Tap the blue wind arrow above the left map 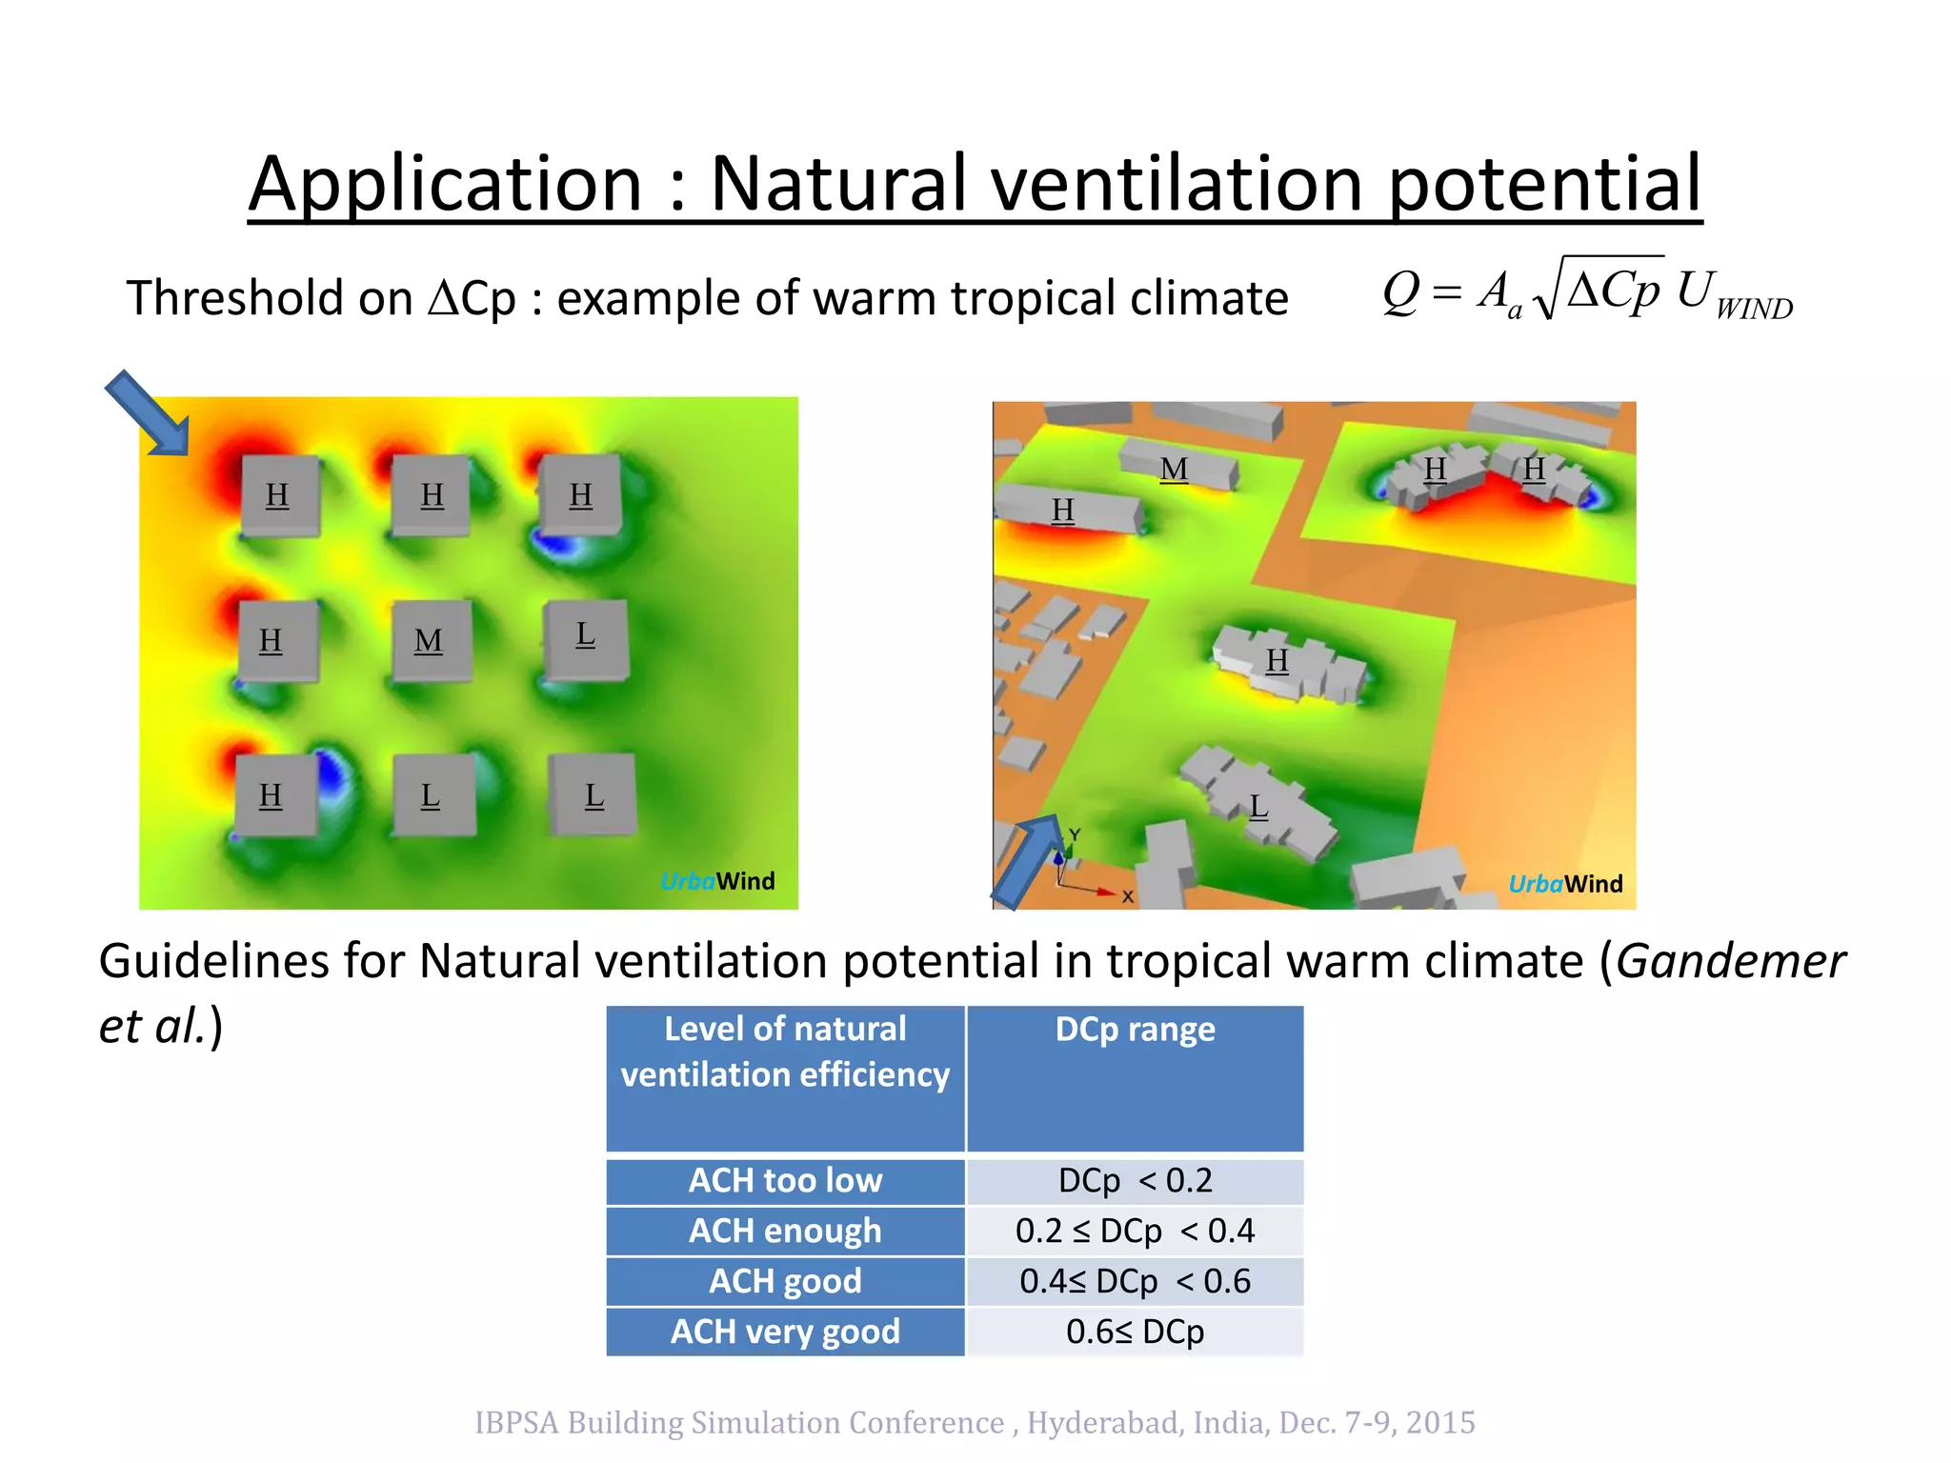pos(148,413)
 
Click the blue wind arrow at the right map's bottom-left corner pos(1028,861)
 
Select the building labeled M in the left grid pos(431,641)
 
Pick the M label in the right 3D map pos(1174,470)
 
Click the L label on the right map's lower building pos(1258,807)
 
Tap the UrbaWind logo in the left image pos(717,881)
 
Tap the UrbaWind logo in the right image pos(1564,884)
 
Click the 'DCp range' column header pos(1135,1030)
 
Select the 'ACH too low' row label pos(785,1180)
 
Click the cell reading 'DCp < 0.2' pos(1135,1180)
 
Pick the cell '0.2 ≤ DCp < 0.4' pos(1135,1231)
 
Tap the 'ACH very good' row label pos(785,1332)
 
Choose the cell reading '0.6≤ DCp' pos(1135,1332)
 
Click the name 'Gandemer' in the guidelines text pos(1730,960)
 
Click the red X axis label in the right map pos(1127,896)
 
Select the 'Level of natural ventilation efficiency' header pos(785,1052)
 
